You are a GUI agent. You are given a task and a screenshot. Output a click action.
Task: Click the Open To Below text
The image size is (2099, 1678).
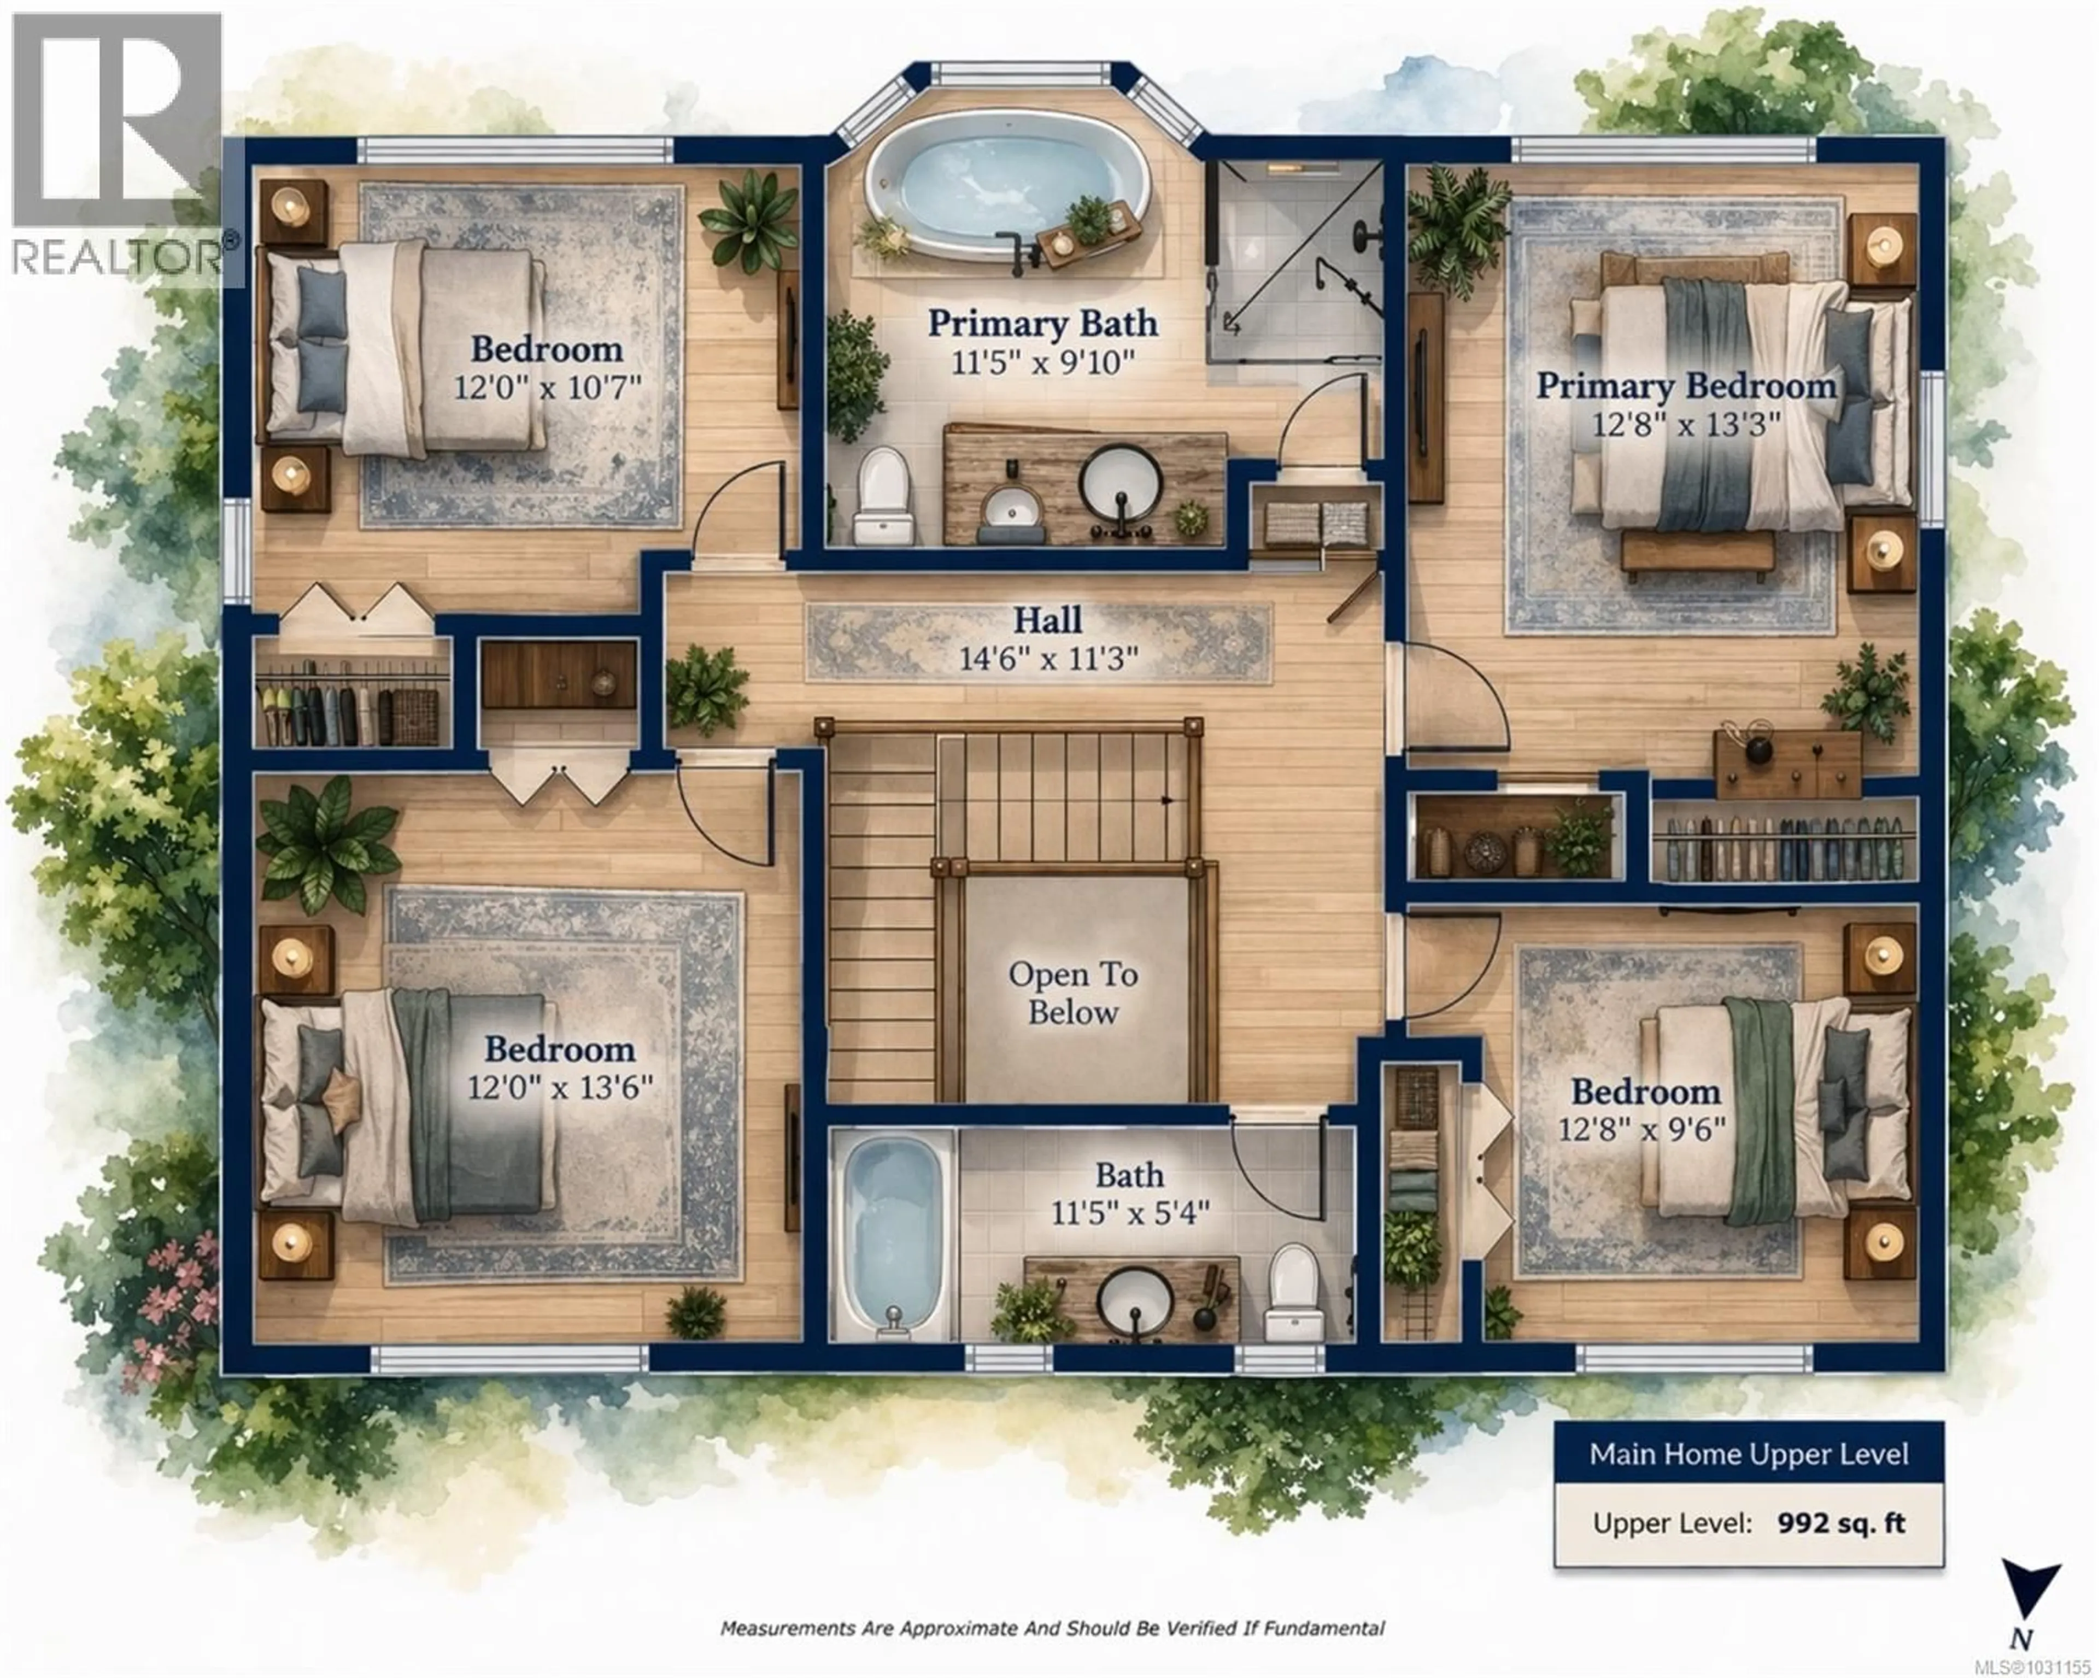click(x=1073, y=993)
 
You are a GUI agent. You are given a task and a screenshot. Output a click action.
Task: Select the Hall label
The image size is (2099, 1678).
click(x=1047, y=620)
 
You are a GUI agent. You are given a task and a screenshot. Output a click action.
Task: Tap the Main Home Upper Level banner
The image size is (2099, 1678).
click(x=1749, y=1454)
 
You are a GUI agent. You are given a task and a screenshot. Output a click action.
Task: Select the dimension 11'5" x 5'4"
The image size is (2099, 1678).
click(x=1129, y=1213)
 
